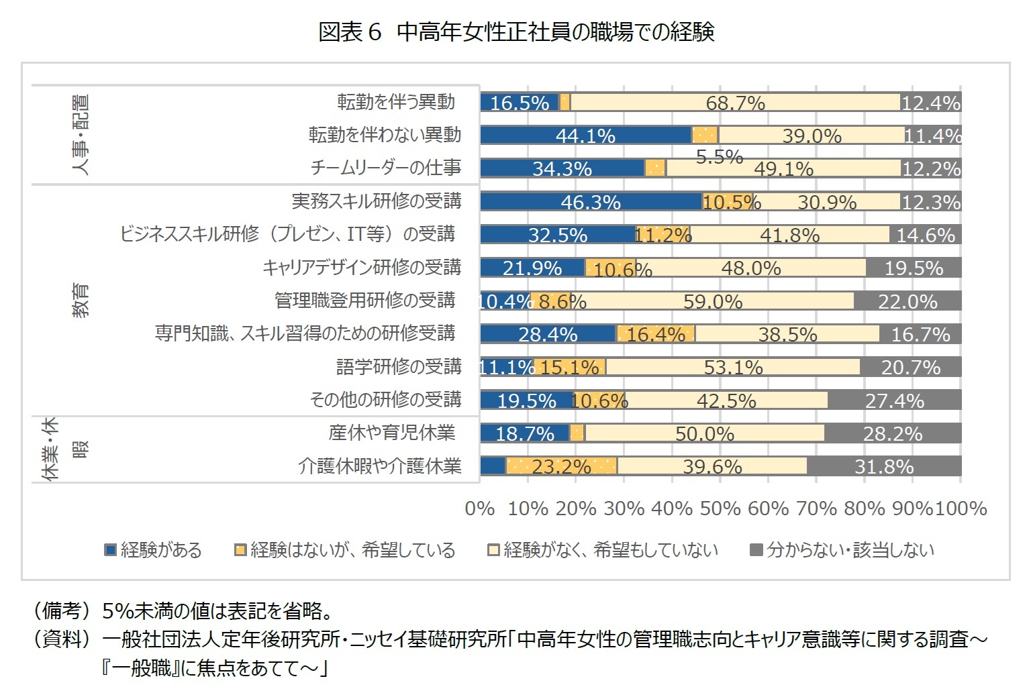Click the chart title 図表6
point(516,31)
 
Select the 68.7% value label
point(735,103)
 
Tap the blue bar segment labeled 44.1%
point(585,136)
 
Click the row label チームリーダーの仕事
point(385,168)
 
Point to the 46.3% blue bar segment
point(591,202)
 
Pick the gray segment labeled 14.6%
point(926,235)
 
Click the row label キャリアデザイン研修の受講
point(361,268)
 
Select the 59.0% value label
point(713,301)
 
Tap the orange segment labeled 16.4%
point(656,334)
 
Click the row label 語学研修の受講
point(399,367)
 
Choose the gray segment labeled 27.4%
point(894,400)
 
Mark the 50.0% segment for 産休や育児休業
point(704,433)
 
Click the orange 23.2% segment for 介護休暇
point(561,466)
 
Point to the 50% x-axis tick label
point(720,508)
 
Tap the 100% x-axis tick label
point(961,508)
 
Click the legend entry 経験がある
point(154,550)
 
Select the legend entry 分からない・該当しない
point(842,550)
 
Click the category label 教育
point(80,300)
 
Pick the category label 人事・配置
point(80,134)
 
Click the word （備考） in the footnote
point(61,611)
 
